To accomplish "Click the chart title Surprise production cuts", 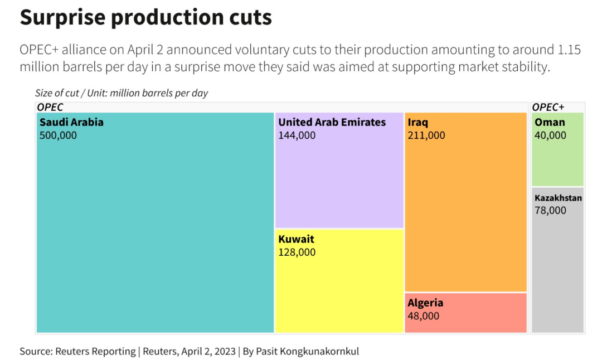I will tap(145, 17).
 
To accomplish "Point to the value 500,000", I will tap(58, 135).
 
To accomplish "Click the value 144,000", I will tap(297, 135).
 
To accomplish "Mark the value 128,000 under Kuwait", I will tap(297, 252).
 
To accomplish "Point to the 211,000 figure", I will tap(426, 135).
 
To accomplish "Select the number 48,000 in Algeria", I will tap(423, 316).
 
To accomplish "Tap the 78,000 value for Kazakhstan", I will tap(550, 210).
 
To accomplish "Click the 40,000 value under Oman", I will tap(550, 135).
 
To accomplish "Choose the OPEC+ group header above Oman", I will tap(548, 107).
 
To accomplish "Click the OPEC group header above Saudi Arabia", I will tap(50, 107).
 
